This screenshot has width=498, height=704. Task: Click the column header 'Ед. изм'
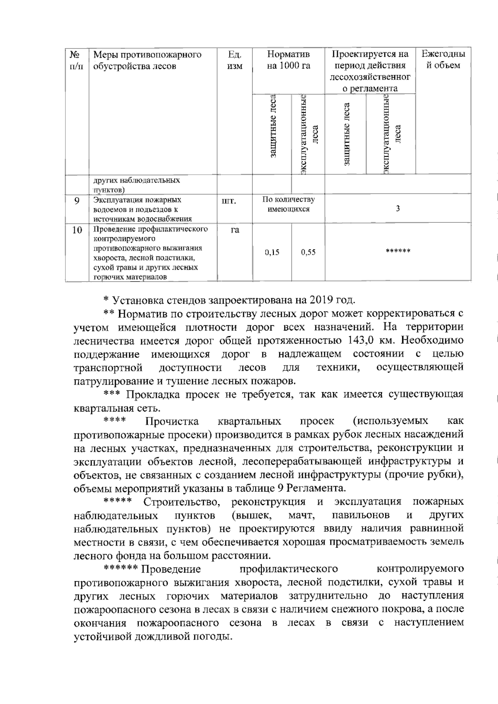pos(235,60)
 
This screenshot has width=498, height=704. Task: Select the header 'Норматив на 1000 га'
pos(288,60)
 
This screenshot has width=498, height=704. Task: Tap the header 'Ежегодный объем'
pos(443,60)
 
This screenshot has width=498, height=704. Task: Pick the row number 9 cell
pos(77,200)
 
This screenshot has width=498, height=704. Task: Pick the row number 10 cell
pos(77,230)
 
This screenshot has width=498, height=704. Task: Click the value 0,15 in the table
pos(272,252)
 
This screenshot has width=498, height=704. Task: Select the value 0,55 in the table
pos(308,252)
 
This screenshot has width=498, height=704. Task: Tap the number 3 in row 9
pos(398,209)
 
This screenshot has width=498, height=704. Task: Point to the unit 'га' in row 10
pos(234,230)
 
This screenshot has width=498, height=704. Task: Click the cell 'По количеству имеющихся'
pos(288,204)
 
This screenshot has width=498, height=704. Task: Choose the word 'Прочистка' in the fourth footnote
pos(172,421)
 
